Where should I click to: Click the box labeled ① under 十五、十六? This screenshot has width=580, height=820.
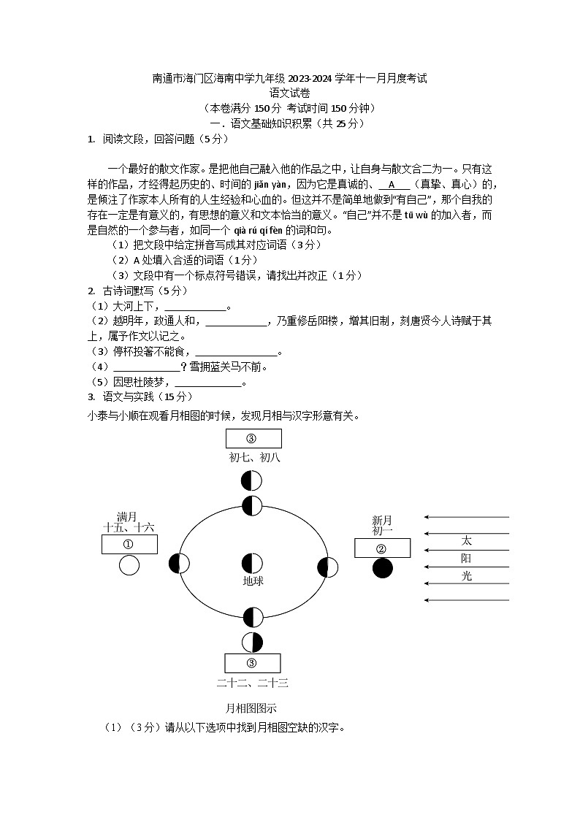(129, 544)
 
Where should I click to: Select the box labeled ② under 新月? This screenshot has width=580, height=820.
(382, 548)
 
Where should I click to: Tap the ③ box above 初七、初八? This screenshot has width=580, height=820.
(253, 438)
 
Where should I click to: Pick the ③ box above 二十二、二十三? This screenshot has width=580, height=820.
(252, 663)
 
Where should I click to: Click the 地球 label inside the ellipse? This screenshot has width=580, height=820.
(253, 581)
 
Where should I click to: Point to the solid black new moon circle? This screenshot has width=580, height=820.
(382, 568)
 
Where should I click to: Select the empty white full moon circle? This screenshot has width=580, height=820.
(129, 565)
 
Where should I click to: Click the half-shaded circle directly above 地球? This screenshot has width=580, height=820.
(252, 564)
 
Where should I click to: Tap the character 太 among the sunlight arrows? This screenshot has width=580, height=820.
(467, 541)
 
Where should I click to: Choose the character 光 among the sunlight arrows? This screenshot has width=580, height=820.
(467, 576)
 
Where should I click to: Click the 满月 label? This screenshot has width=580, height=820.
(127, 517)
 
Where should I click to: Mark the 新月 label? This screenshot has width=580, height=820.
(382, 521)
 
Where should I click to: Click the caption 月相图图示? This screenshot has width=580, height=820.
(251, 708)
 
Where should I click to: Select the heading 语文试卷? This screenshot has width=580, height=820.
(289, 93)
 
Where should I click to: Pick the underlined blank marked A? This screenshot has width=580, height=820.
(393, 184)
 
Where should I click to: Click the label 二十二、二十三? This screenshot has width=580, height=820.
(253, 683)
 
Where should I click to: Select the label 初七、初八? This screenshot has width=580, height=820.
(253, 457)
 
